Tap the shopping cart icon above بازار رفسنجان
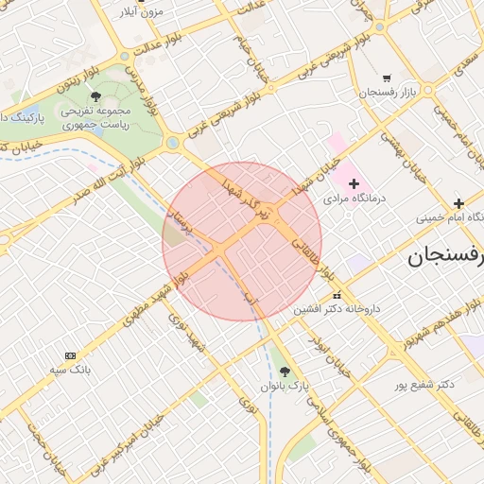point(387,78)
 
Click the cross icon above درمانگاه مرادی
point(354,182)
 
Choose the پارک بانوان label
point(286,387)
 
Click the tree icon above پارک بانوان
point(285,370)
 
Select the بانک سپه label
point(72,368)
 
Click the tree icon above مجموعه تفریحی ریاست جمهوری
point(95,95)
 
